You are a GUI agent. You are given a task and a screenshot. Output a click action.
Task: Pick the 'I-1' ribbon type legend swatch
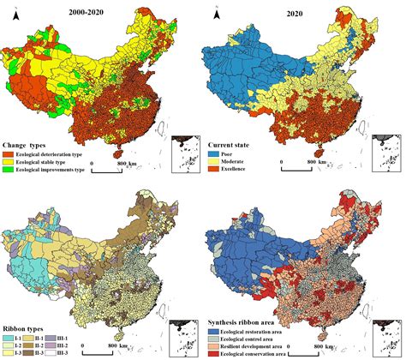7,338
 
